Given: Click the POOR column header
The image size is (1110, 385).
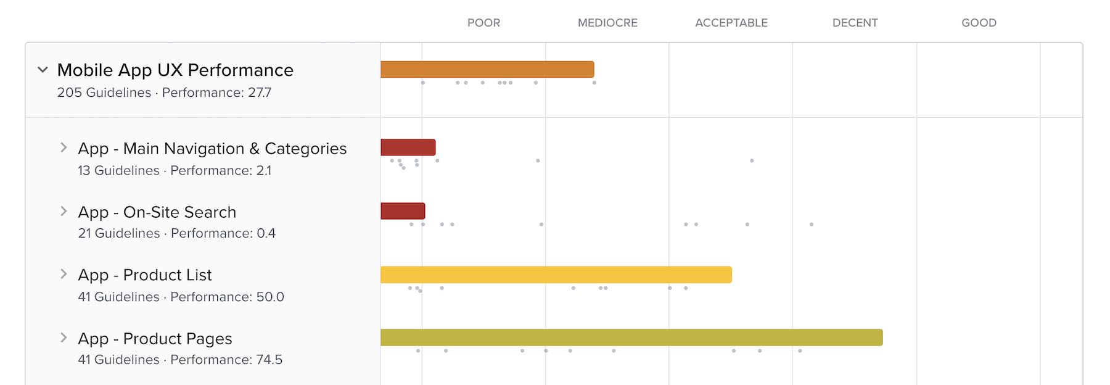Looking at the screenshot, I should [483, 23].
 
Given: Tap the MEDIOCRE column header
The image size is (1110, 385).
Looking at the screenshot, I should [607, 23].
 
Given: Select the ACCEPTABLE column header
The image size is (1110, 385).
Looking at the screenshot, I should [731, 23].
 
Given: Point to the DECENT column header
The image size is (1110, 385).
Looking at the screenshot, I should [855, 23].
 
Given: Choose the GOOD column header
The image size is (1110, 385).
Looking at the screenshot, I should [979, 23].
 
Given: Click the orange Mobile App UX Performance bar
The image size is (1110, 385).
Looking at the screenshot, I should [487, 69].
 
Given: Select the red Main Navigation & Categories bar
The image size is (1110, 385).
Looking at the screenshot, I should [408, 147].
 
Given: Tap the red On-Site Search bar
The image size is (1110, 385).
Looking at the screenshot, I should [403, 211].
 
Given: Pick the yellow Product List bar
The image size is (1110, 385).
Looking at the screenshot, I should [556, 275].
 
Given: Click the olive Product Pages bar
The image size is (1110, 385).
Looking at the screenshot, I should [631, 337].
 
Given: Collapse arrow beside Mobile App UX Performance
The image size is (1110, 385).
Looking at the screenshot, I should [43, 70].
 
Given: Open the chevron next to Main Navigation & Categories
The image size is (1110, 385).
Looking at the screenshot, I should [64, 147].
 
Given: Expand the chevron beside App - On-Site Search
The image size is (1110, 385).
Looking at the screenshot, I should [64, 211].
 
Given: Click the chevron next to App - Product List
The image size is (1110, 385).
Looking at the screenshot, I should [64, 274].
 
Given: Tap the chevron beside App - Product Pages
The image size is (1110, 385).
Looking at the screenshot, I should [64, 337].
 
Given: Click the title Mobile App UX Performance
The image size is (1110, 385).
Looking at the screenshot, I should [175, 70].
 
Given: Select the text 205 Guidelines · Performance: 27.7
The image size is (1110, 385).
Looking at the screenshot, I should [164, 93].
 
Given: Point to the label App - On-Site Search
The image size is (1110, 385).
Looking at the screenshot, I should [157, 212].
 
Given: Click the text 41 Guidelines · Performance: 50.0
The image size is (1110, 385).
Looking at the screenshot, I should [181, 297].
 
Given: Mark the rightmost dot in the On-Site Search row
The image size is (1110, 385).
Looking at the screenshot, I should [812, 225].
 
